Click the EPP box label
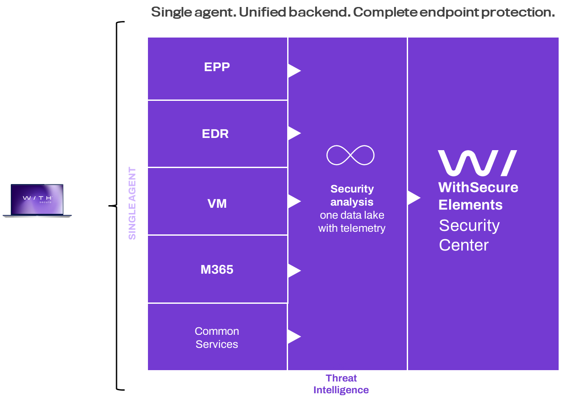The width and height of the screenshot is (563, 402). [217, 67]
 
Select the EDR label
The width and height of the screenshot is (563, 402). [215, 134]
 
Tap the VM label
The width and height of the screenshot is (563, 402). [217, 203]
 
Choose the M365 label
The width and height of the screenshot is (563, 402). [217, 270]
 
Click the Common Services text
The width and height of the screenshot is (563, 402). [217, 337]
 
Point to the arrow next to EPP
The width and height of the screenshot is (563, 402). [293, 70]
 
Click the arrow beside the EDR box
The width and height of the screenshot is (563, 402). [293, 133]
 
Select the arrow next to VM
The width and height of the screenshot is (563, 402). [293, 201]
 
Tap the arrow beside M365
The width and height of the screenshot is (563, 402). [293, 271]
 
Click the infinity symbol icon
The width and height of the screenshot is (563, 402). [350, 155]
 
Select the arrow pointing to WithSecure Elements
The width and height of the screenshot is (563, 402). [413, 198]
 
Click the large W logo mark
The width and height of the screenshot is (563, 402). [477, 163]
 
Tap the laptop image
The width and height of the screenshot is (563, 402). [37, 200]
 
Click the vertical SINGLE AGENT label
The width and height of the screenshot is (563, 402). [132, 203]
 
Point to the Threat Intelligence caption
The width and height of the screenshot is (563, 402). [341, 384]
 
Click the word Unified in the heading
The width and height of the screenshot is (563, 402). [262, 12]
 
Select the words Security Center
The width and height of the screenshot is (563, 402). [469, 235]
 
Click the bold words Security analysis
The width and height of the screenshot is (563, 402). [352, 195]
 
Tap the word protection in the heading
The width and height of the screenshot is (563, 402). [517, 12]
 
